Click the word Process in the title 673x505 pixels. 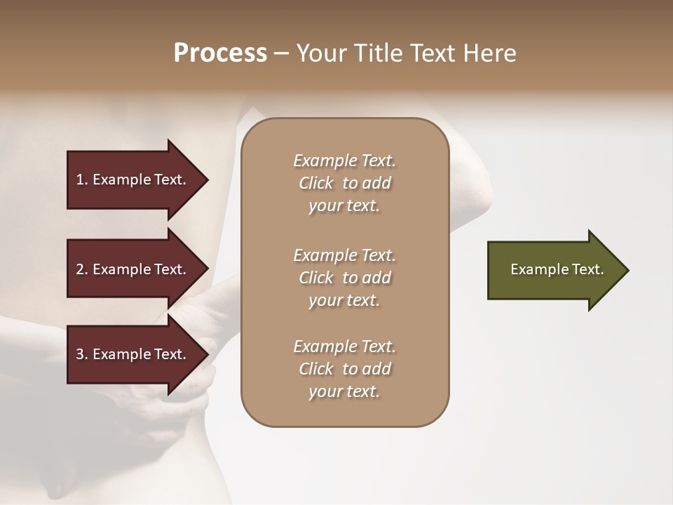[220, 53]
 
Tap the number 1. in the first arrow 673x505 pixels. [82, 180]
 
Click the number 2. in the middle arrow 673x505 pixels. [82, 269]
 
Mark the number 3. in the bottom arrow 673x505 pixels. [82, 354]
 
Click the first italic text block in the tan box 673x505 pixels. [344, 183]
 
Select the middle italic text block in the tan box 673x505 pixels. [344, 277]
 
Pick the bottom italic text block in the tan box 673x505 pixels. [344, 369]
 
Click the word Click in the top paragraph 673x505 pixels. [316, 183]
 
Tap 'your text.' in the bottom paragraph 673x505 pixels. [344, 391]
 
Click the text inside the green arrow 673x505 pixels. [557, 269]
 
